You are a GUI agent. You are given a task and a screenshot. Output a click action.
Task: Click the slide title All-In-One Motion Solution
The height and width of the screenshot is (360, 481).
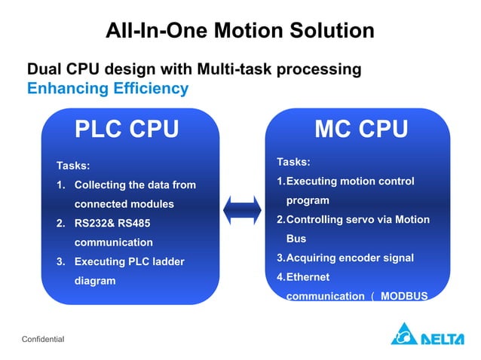click(240, 31)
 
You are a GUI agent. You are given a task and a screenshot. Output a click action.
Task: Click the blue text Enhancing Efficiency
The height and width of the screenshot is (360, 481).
click(107, 88)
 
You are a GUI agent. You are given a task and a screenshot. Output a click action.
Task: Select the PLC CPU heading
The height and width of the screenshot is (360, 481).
click(127, 130)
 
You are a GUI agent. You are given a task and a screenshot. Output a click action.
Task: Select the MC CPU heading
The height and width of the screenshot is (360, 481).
click(361, 130)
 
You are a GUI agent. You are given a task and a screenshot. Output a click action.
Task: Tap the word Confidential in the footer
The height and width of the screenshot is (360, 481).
click(43, 340)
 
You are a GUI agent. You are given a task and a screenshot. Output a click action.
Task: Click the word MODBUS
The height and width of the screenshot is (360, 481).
click(404, 296)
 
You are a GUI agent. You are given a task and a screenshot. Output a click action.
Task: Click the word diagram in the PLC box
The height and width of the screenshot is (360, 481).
click(94, 281)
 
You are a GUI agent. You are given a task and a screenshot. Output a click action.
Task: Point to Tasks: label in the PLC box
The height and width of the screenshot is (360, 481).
click(73, 165)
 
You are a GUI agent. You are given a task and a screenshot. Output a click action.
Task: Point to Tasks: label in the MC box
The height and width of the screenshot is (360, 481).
click(293, 162)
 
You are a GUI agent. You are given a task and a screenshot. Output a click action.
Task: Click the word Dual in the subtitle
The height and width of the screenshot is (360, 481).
click(44, 69)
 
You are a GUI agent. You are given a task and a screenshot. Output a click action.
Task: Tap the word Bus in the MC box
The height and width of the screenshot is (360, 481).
click(296, 238)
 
